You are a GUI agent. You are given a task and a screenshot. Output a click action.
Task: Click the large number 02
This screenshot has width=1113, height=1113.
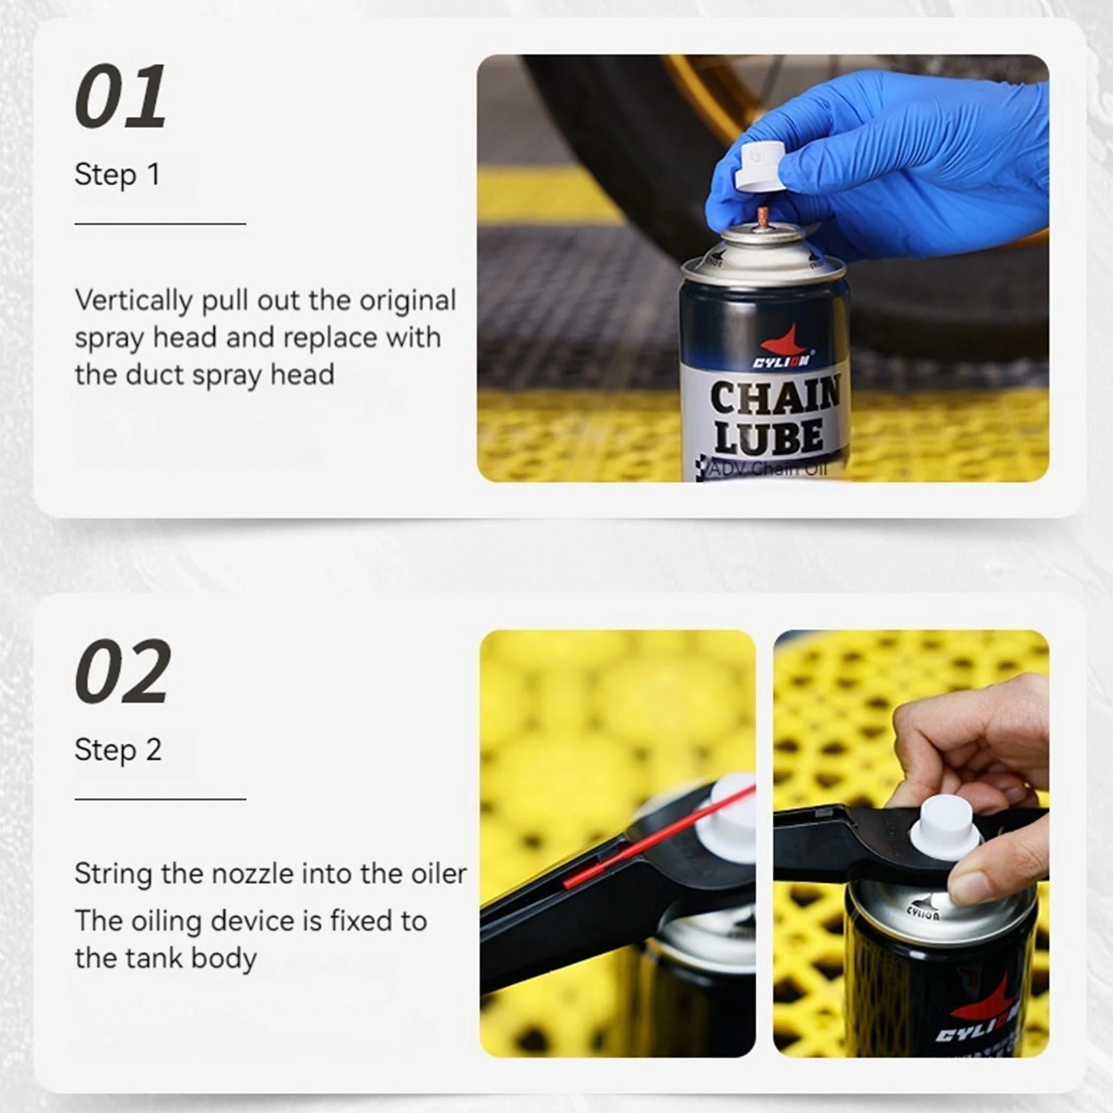point(122,671)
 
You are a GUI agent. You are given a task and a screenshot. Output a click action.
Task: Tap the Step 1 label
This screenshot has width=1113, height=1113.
point(117,175)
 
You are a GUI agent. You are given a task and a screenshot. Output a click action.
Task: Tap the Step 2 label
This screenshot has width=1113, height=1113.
point(118,750)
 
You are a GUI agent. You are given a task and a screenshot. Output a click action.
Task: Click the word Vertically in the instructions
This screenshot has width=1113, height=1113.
point(134,301)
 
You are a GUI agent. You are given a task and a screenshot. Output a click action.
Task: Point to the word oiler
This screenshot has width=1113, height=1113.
point(438,874)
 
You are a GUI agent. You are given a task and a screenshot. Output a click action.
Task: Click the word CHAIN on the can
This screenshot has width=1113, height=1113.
point(775,397)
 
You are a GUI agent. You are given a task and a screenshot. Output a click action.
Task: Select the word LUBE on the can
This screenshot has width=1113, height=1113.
point(768,438)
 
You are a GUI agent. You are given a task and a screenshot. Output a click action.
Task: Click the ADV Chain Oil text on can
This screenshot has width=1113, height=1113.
point(768,469)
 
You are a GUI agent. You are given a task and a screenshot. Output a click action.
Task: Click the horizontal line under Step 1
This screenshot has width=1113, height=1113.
point(160,224)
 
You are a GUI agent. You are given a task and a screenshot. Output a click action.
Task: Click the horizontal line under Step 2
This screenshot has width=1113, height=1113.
point(160,799)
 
